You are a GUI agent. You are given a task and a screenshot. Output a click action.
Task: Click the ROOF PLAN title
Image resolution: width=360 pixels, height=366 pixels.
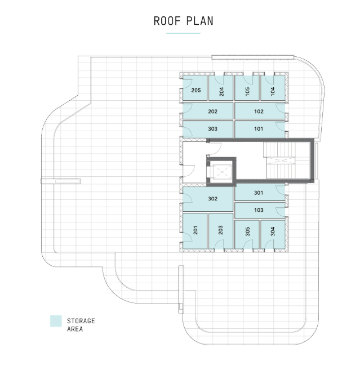click(183, 21)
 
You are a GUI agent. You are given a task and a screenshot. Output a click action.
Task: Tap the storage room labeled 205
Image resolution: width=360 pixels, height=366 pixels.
click(195, 90)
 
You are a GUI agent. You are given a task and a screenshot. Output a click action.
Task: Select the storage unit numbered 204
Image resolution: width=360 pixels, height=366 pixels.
click(221, 89)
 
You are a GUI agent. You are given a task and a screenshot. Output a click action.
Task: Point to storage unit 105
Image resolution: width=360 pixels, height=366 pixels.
click(247, 89)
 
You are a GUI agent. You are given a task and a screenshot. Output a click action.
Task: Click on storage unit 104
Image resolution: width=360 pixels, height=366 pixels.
click(273, 89)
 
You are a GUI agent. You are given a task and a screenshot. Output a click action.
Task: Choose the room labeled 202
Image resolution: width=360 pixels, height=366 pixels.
click(212, 111)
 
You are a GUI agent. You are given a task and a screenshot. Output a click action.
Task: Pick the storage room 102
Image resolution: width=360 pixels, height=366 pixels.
click(259, 111)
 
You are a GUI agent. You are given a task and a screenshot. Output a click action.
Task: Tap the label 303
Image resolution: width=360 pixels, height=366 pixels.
click(212, 129)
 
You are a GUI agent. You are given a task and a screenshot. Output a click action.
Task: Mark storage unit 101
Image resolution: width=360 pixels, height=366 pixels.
click(259, 129)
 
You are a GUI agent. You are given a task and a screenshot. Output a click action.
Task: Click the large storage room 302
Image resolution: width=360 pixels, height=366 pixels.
click(212, 199)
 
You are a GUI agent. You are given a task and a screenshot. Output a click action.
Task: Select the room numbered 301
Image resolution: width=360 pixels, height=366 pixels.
click(259, 193)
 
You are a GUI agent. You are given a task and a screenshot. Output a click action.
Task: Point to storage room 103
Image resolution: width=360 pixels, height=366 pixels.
click(259, 210)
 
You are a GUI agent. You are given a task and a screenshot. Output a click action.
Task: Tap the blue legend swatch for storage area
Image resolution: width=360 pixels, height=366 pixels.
click(56, 321)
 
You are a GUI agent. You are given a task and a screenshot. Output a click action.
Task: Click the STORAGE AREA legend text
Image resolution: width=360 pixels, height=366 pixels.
click(81, 324)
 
